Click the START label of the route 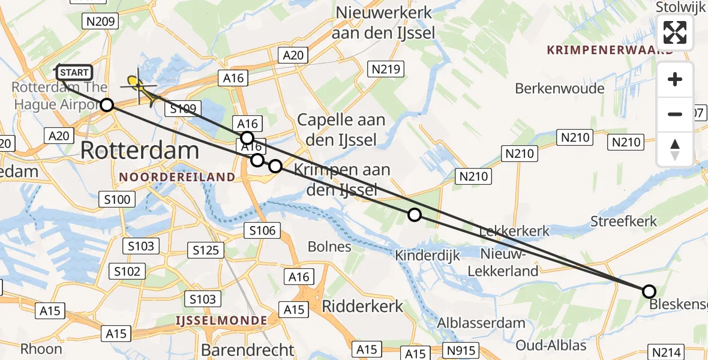pos(74,73)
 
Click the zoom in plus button pos(675,80)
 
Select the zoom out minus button pos(675,114)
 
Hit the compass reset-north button pos(675,149)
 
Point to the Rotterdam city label pos(139,150)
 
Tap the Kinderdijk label pos(427,256)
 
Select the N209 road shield pos(100,22)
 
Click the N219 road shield pos(385,70)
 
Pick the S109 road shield pos(184,109)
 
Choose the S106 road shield pos(263,230)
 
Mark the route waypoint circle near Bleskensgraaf pos(649,292)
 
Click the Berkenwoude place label pos(559,89)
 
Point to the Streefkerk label pos(623,221)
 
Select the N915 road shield pos(460,350)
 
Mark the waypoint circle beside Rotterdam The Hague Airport pos(106,105)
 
